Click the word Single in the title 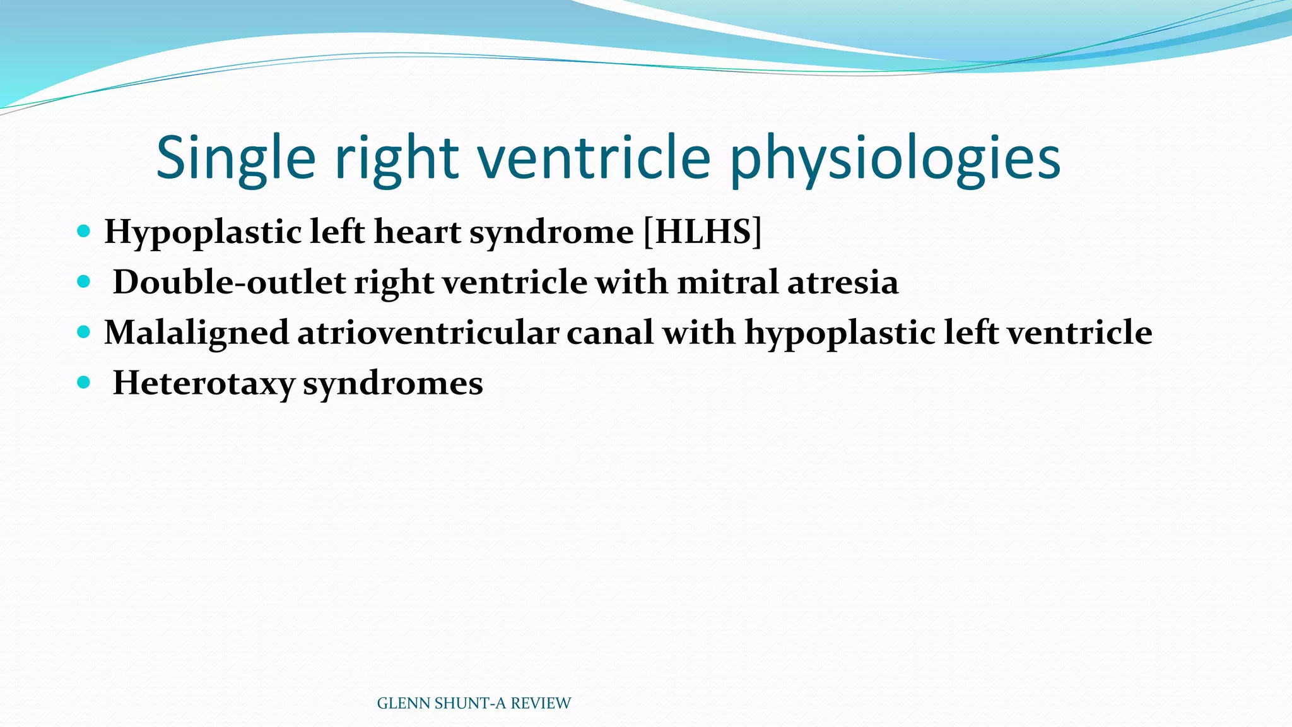click(235, 158)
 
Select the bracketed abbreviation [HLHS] click(702, 232)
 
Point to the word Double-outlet click(229, 282)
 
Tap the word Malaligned click(196, 333)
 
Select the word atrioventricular click(428, 333)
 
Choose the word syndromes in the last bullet click(392, 383)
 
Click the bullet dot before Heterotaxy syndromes click(83, 382)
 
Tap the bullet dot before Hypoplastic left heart click(83, 231)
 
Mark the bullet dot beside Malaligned click(83, 332)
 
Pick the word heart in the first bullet click(418, 232)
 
